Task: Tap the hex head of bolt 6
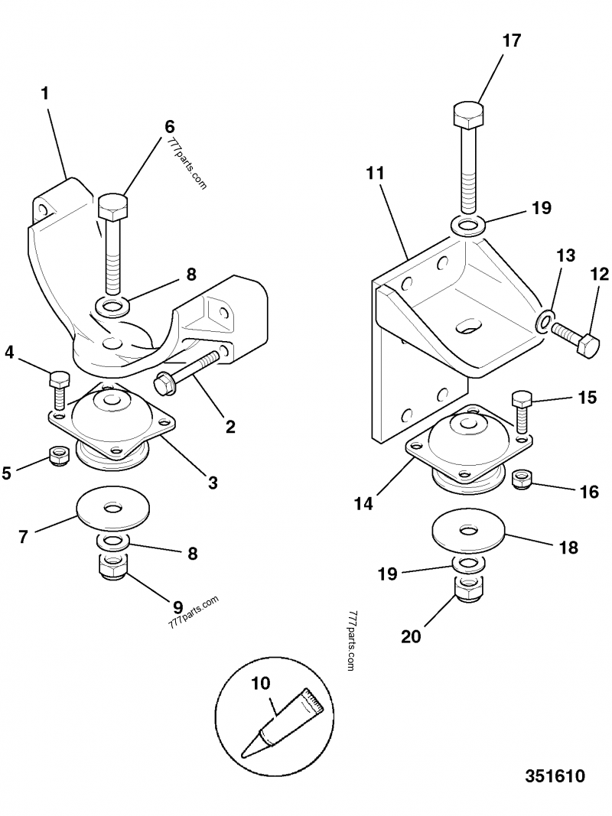tap(113, 206)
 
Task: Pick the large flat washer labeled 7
tap(113, 509)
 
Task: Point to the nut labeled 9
tap(113, 568)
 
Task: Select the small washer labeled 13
tap(545, 320)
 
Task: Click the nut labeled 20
tap(468, 589)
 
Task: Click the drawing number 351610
tap(555, 776)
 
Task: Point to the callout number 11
tap(374, 174)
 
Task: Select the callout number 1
tap(45, 93)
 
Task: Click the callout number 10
tap(261, 682)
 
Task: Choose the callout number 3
tap(212, 483)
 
